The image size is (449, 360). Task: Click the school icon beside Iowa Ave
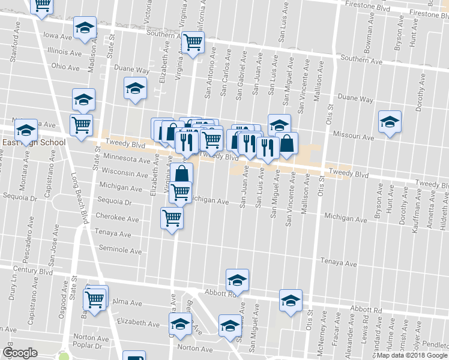[x=85, y=28]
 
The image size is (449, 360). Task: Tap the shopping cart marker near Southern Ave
[x=193, y=43]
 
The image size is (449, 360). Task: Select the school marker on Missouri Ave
[x=390, y=122]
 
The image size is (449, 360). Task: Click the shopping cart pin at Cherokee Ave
[x=172, y=217]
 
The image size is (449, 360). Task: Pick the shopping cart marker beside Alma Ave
[x=95, y=298]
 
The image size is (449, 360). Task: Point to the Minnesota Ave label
[x=127, y=160]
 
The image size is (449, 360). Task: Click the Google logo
[x=20, y=353]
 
